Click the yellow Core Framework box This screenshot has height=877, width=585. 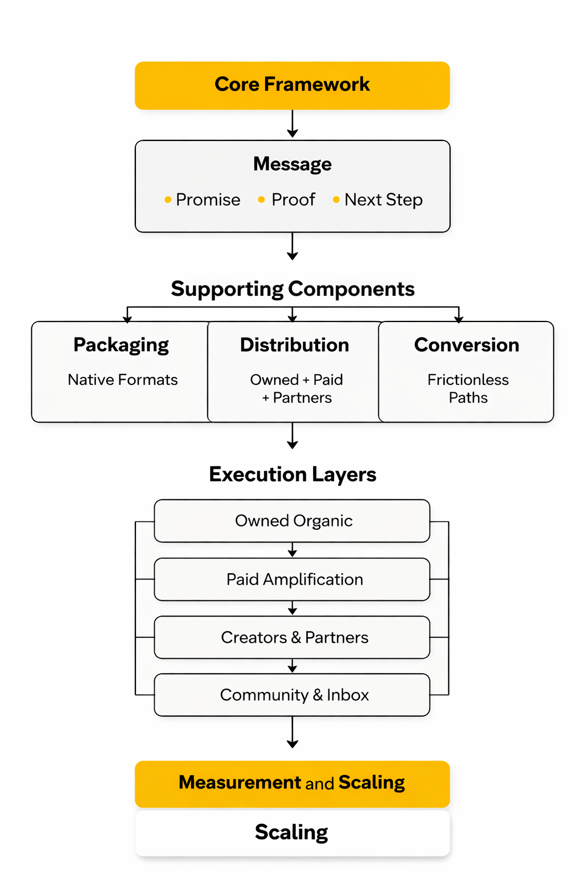292,85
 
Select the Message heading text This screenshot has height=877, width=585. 292,164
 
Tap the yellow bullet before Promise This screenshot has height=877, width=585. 167,200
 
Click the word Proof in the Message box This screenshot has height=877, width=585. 293,200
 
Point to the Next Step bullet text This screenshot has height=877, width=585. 383,200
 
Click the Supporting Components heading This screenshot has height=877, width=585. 292,289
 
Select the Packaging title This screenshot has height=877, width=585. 121,345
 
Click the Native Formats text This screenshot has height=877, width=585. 123,380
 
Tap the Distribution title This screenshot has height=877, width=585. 294,345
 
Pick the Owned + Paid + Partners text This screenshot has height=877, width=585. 296,389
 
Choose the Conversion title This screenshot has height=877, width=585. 467,345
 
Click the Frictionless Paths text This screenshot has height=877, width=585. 468,389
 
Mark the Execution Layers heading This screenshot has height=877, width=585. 292,474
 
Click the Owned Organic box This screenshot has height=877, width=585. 292,521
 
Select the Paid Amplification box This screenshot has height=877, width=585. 292,580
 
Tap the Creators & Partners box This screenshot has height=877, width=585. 292,637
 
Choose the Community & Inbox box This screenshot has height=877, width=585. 292,695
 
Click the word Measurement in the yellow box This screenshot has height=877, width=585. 240,782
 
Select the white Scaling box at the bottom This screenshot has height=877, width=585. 292,832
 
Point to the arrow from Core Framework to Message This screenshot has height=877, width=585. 292,124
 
